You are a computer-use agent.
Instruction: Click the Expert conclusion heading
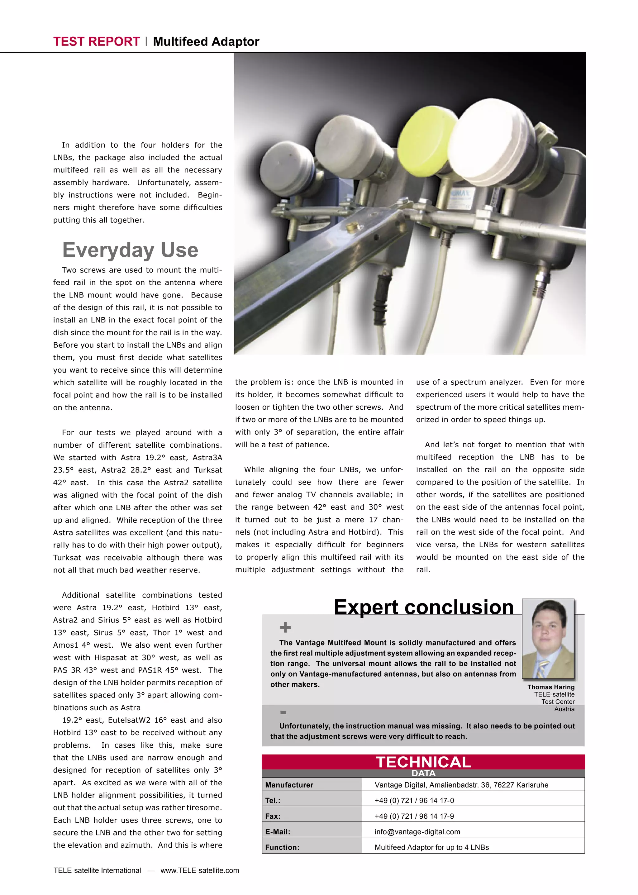(x=423, y=607)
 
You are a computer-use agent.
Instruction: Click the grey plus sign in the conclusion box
(x=285, y=627)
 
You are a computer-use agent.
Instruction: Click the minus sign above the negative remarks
(x=283, y=712)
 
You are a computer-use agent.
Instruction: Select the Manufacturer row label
(x=289, y=785)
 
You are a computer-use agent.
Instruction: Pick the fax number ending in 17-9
(x=414, y=816)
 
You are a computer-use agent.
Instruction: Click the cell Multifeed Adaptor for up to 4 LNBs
(x=431, y=847)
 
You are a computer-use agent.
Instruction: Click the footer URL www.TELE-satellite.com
(x=200, y=870)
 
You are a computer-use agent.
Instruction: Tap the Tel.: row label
(x=273, y=800)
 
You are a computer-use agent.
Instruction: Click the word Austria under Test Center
(x=564, y=709)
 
